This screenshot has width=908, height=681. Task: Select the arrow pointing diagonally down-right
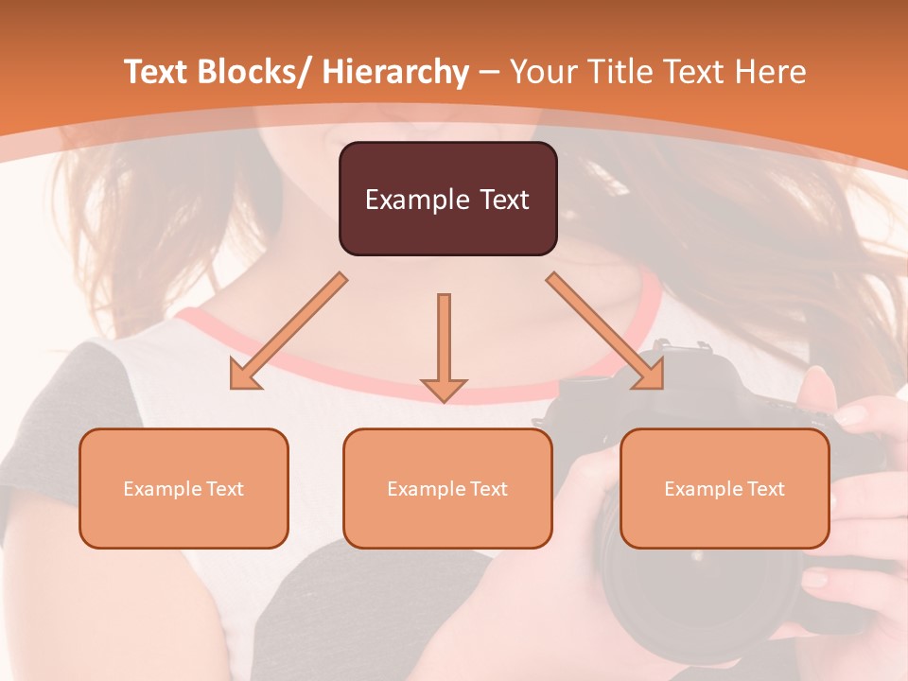(605, 331)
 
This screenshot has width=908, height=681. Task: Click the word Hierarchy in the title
(395, 72)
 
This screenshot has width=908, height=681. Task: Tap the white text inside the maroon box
(447, 200)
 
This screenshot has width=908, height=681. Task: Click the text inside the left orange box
(183, 489)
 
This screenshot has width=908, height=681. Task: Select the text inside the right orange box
(725, 489)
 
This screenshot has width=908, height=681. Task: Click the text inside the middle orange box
(447, 489)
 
